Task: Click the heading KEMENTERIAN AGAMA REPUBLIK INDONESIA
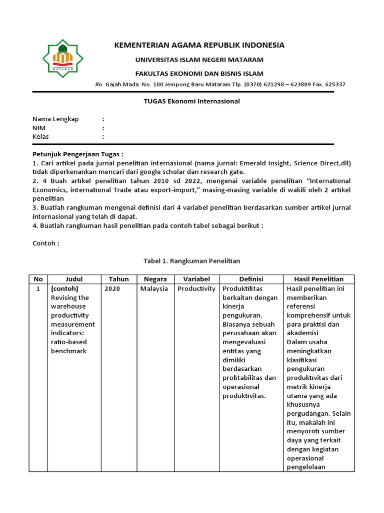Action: click(x=199, y=45)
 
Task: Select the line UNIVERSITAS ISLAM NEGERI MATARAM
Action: click(x=199, y=60)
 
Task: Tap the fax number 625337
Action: click(x=335, y=84)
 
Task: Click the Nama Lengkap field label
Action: click(x=55, y=119)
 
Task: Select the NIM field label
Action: click(x=39, y=128)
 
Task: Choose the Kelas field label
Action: click(x=41, y=137)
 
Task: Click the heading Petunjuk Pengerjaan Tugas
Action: click(x=77, y=153)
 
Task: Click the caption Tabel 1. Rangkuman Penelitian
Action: click(x=191, y=261)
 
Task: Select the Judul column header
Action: click(x=74, y=279)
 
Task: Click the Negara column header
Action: click(x=155, y=279)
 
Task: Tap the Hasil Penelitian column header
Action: click(x=318, y=279)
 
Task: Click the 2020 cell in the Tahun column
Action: click(x=112, y=289)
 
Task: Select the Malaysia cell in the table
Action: click(x=154, y=289)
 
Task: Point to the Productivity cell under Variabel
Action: click(x=196, y=289)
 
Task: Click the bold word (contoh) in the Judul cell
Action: click(x=65, y=289)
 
